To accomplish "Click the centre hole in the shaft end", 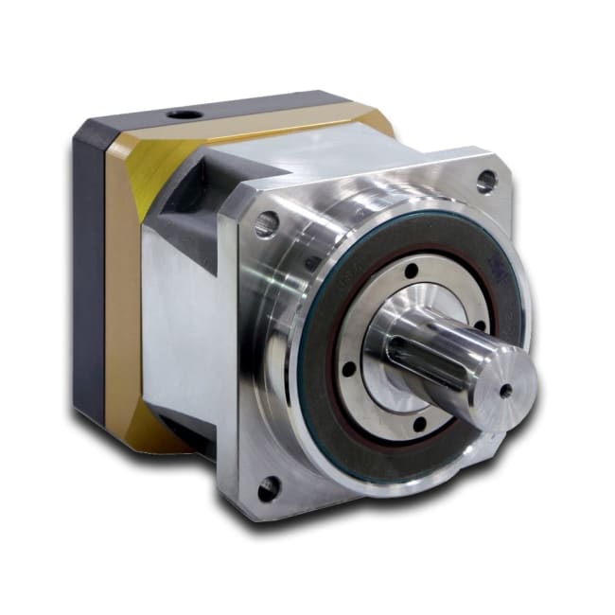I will pyautogui.click(x=505, y=388).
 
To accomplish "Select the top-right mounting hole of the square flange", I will pyautogui.click(x=486, y=179).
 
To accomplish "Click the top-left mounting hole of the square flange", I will pyautogui.click(x=267, y=223).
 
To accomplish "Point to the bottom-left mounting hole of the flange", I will pyautogui.click(x=269, y=488).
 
